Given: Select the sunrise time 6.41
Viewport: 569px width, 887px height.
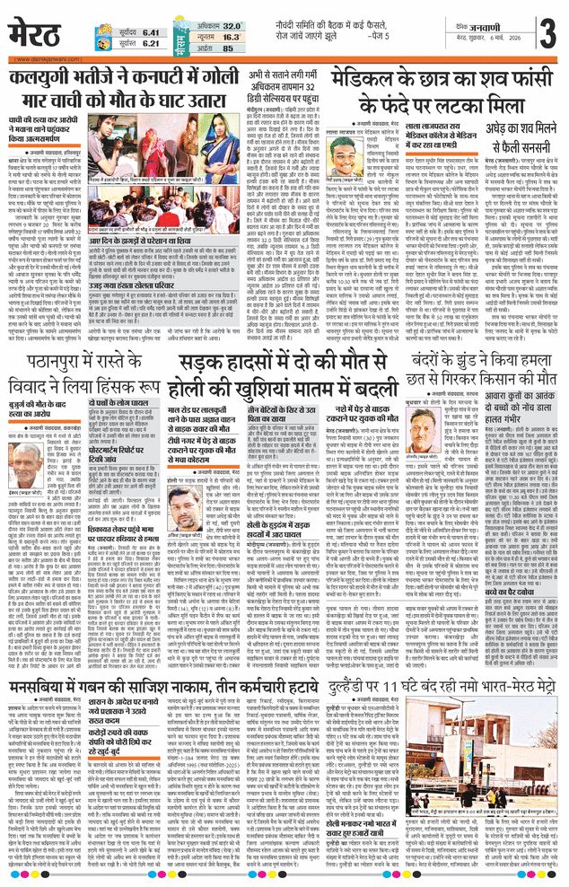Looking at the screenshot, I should (133, 31).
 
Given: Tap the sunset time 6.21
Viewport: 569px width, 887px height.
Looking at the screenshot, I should (133, 42).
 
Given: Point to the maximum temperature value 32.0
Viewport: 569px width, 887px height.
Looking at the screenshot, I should (231, 26).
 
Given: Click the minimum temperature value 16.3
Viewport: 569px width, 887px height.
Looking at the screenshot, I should (231, 37).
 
